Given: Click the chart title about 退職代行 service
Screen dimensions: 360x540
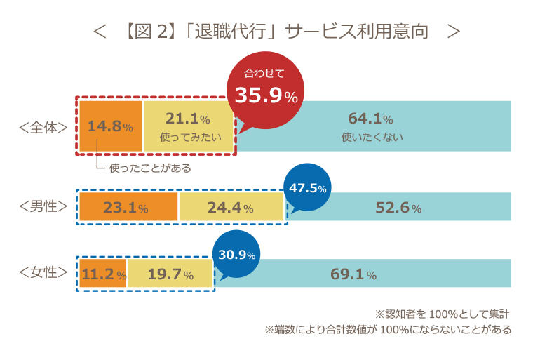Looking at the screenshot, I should [278, 32].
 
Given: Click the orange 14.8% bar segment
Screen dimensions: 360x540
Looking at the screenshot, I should [110, 126].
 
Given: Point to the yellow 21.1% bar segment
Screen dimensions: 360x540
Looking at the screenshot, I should [187, 126].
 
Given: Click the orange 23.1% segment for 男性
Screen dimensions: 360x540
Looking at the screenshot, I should [128, 207].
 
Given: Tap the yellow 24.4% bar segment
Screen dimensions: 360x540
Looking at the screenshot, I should [231, 207].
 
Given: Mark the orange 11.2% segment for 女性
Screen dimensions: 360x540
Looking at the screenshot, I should [103, 274].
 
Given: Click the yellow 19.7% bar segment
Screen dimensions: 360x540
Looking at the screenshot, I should [169, 274].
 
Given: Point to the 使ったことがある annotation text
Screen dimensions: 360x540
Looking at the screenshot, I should [150, 168].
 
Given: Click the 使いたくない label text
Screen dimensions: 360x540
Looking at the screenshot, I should [372, 138].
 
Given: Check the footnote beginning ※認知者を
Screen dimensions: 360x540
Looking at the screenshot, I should [443, 313].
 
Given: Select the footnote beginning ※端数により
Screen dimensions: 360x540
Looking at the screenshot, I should [388, 328].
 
